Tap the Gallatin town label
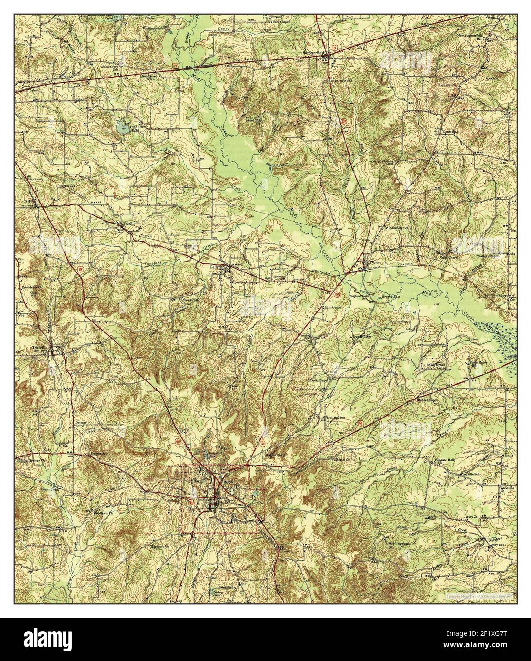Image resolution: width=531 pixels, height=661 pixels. coord(219,267)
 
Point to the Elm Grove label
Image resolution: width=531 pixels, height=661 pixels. coord(333,307)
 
